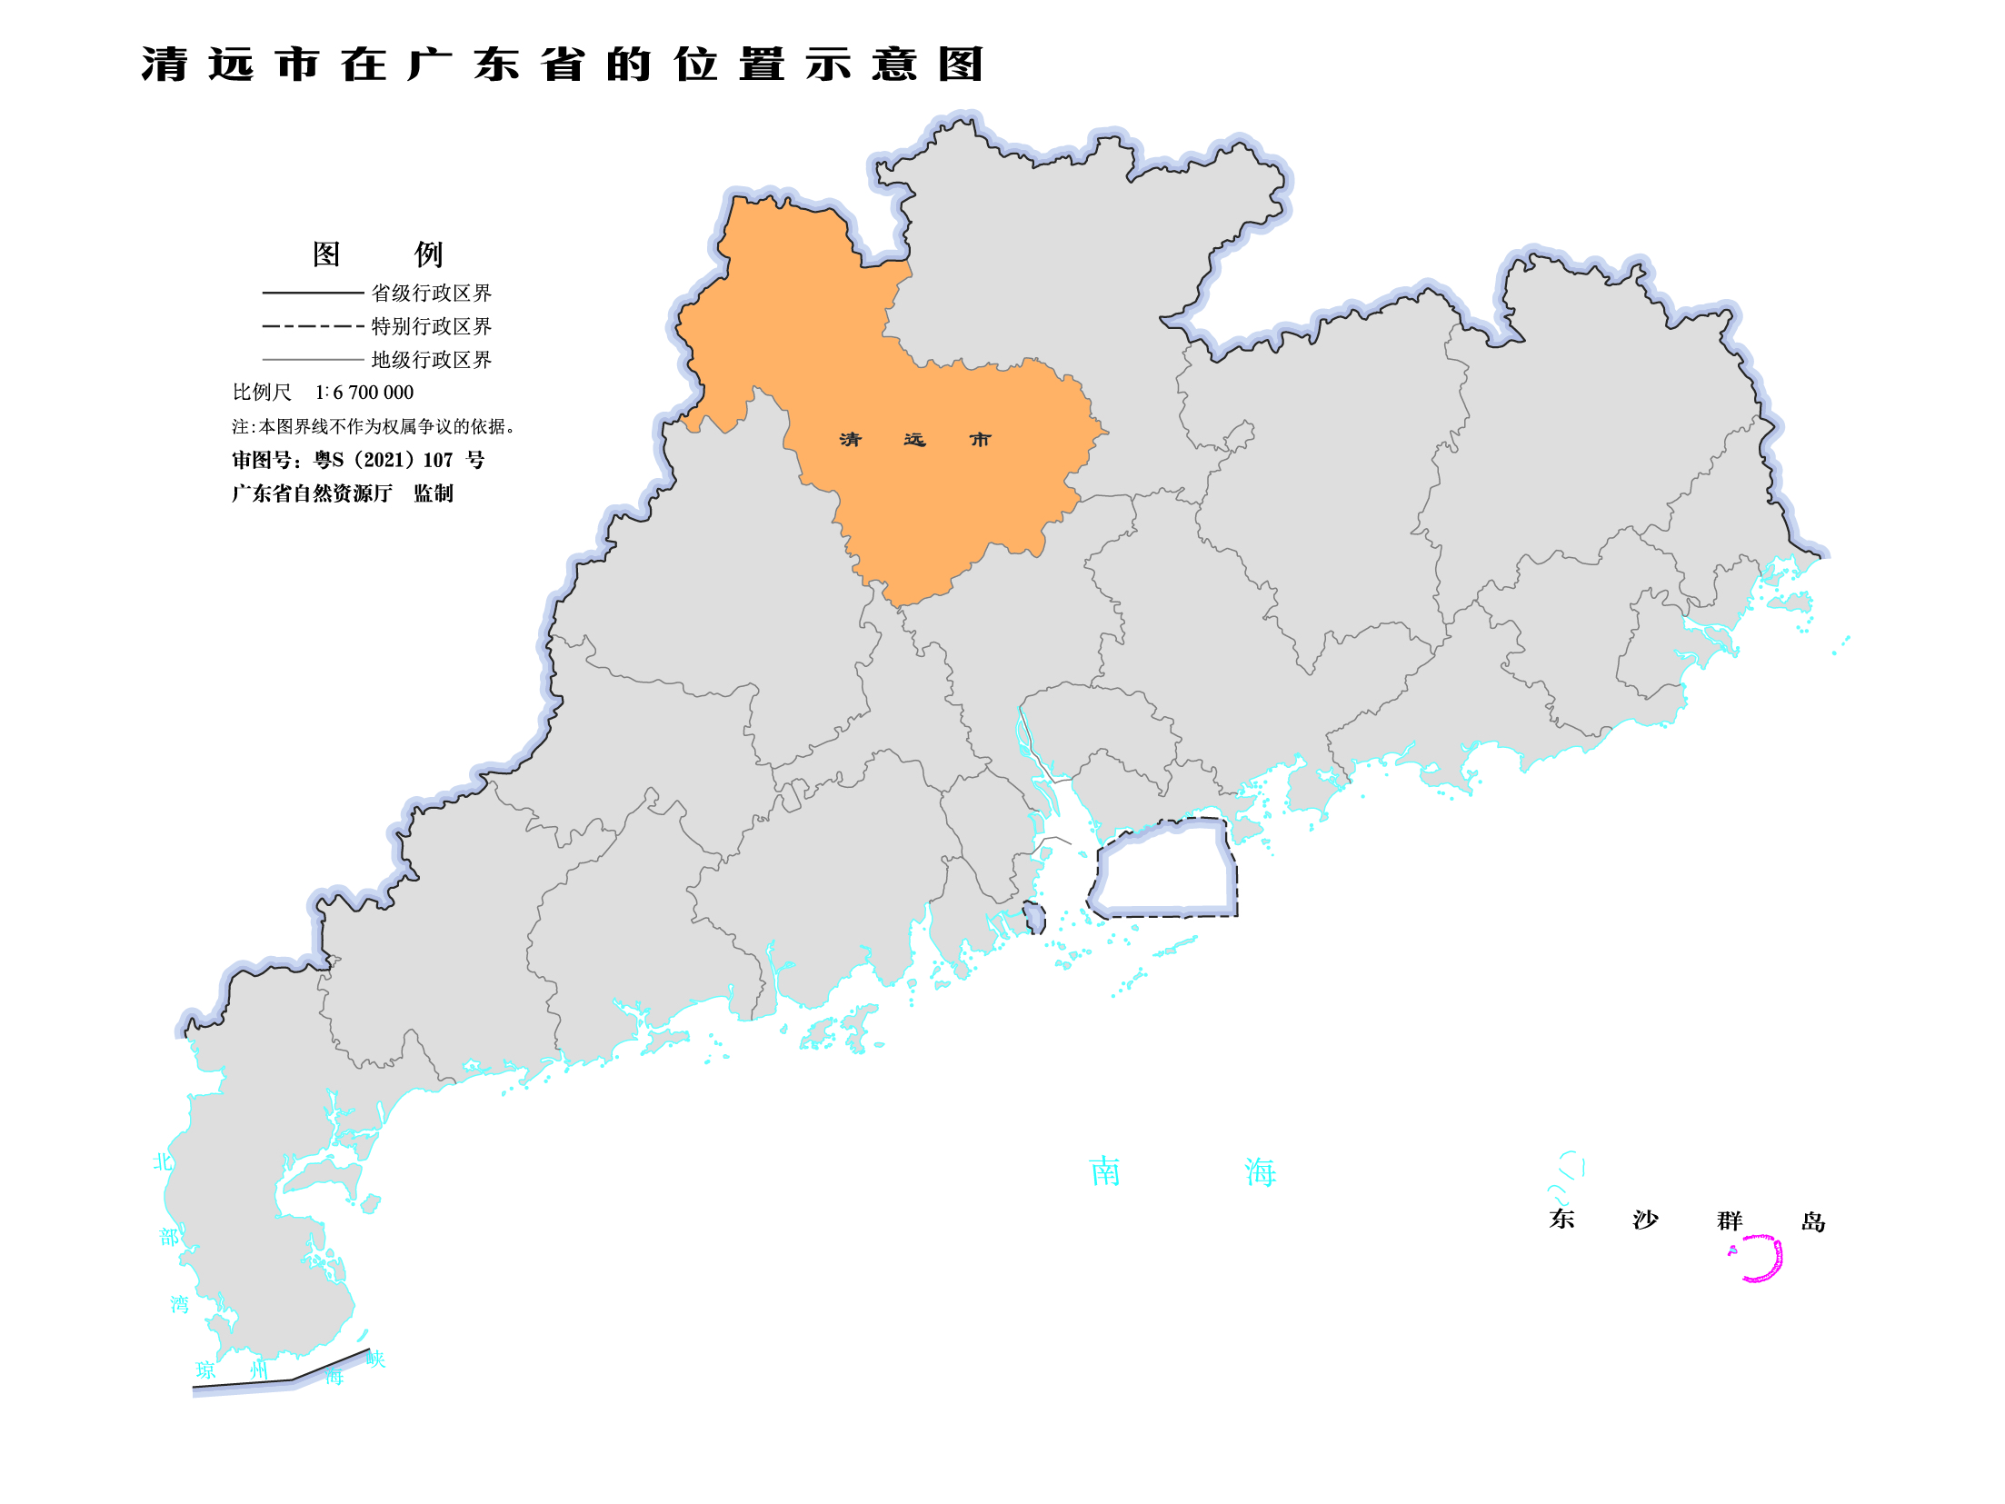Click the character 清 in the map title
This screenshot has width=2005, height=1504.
[x=165, y=65]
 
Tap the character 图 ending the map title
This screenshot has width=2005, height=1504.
[x=961, y=65]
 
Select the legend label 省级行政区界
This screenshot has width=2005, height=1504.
[x=431, y=293]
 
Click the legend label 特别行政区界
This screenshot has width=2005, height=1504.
[x=431, y=326]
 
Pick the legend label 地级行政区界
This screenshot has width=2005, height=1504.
[x=431, y=360]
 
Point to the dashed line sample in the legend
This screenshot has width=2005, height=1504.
[x=313, y=326]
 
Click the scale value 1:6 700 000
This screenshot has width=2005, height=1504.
[x=364, y=393]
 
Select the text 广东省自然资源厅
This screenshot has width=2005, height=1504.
[x=312, y=493]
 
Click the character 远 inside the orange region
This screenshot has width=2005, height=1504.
[x=914, y=440]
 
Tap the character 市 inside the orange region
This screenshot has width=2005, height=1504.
[x=980, y=440]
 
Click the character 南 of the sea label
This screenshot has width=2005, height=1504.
[x=1105, y=1172]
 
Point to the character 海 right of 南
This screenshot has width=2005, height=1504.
[x=1261, y=1172]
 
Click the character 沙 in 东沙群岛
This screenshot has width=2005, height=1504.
[x=1645, y=1220]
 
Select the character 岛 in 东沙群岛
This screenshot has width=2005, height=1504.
[x=1813, y=1221]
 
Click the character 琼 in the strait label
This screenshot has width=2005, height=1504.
[x=206, y=1370]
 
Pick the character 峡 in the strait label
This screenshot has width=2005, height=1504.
[x=376, y=1360]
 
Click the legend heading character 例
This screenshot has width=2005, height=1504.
[x=428, y=254]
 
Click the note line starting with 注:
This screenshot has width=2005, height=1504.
[x=373, y=426]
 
